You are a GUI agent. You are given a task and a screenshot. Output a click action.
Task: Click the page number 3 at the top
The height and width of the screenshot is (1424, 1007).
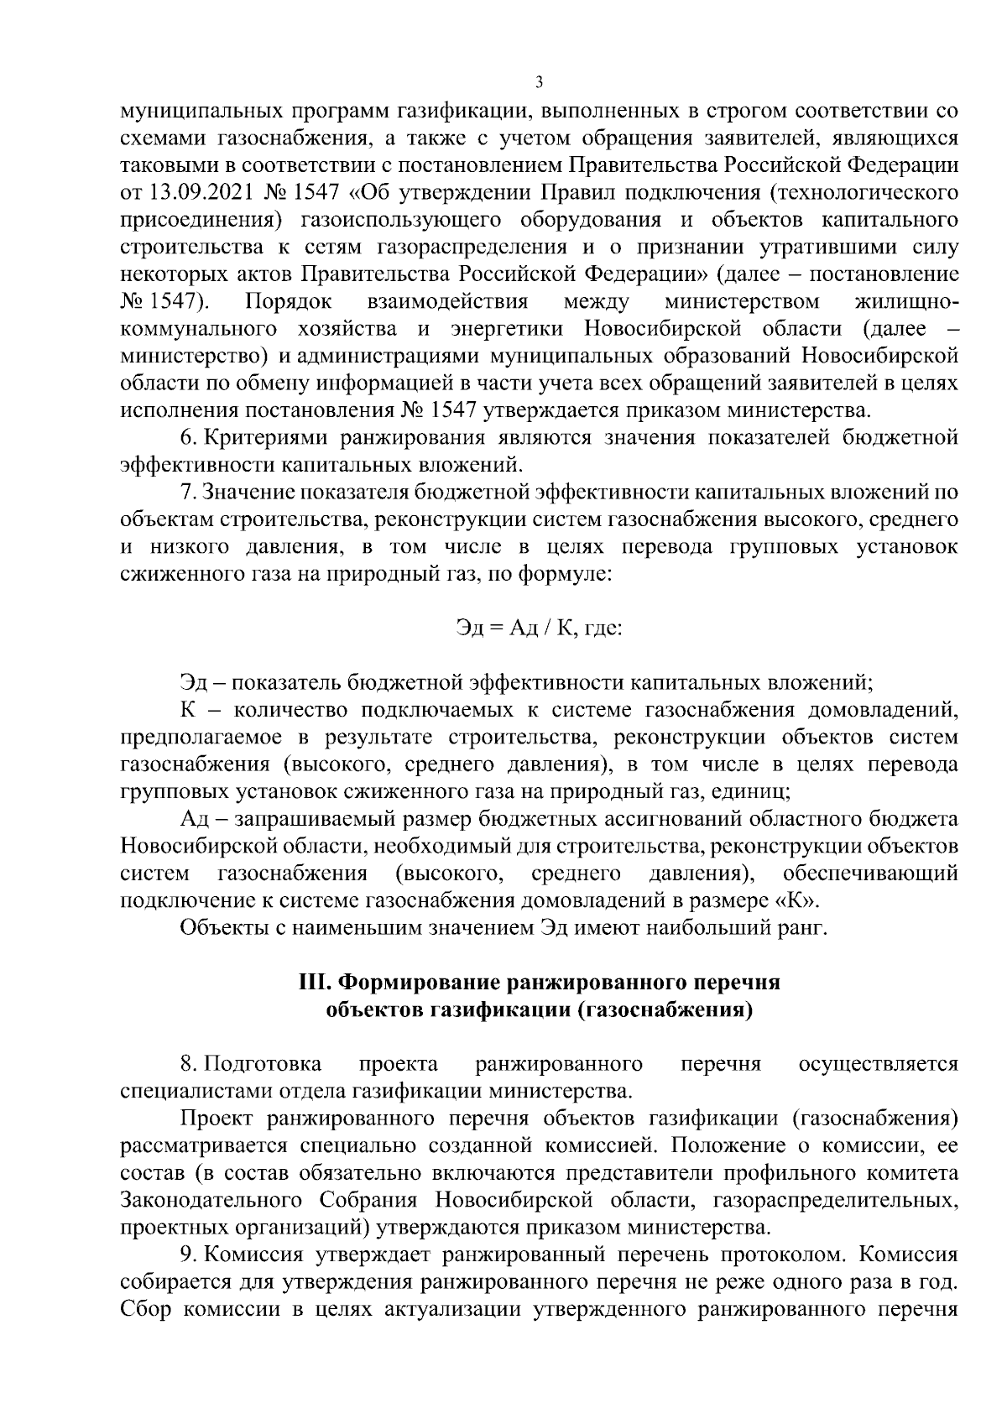[539, 82]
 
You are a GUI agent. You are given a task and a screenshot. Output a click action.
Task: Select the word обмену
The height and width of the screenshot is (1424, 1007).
[270, 383]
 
